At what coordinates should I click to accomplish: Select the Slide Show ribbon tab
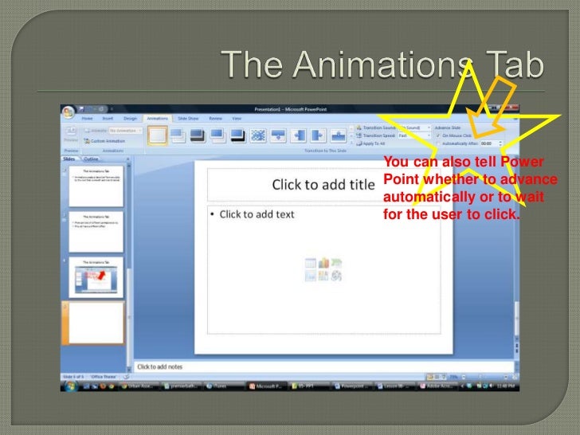(187, 118)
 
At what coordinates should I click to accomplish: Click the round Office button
(69, 112)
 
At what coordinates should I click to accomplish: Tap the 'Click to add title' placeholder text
(323, 185)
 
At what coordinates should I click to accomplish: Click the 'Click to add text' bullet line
(257, 214)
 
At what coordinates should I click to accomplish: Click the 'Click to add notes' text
(160, 366)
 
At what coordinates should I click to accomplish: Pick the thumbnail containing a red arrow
(93, 276)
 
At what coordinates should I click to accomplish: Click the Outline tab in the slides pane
(91, 159)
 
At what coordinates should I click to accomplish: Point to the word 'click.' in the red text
(500, 214)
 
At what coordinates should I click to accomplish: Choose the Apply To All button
(374, 143)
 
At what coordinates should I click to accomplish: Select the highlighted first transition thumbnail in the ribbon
(158, 135)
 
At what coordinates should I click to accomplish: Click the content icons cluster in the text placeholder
(323, 269)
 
